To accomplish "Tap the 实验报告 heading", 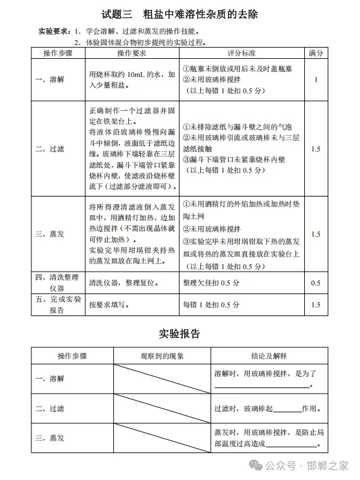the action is (179, 334).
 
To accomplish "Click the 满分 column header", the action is (316, 54).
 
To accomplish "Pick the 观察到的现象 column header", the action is (162, 355).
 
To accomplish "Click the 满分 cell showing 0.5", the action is (316, 282).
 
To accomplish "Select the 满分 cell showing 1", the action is (316, 79).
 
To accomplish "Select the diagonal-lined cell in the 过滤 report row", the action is (162, 409).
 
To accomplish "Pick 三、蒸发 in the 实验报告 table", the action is (49, 438).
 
